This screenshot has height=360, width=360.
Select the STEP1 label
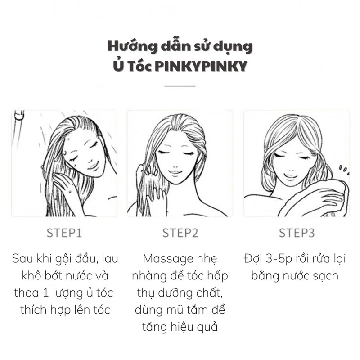click(64, 233)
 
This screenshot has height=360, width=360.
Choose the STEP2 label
click(180, 233)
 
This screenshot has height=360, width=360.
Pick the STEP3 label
click(297, 233)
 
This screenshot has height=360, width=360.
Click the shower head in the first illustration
click(18, 117)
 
